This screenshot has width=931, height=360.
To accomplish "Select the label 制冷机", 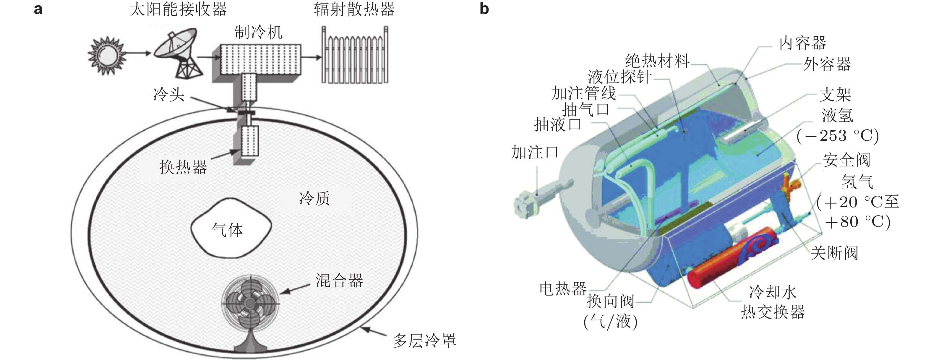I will click(x=258, y=33).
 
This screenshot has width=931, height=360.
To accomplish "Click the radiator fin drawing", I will click(x=355, y=56).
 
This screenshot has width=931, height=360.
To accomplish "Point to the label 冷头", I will click(x=169, y=95).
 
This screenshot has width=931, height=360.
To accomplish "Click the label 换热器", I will click(x=183, y=167).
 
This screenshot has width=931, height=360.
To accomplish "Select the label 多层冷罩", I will click(x=424, y=340).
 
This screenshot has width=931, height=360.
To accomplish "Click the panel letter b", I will click(x=484, y=9).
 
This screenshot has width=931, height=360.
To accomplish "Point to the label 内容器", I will click(x=802, y=43).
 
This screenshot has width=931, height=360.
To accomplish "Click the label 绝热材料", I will click(x=657, y=61).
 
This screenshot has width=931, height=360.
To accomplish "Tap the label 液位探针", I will click(x=619, y=77).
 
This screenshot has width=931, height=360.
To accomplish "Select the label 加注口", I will click(x=535, y=152).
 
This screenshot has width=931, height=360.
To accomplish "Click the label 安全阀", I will click(x=846, y=160).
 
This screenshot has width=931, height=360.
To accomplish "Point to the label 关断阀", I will click(x=834, y=253).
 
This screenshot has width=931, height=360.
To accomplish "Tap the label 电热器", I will click(x=563, y=289).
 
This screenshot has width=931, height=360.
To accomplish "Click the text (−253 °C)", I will click(x=838, y=136).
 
